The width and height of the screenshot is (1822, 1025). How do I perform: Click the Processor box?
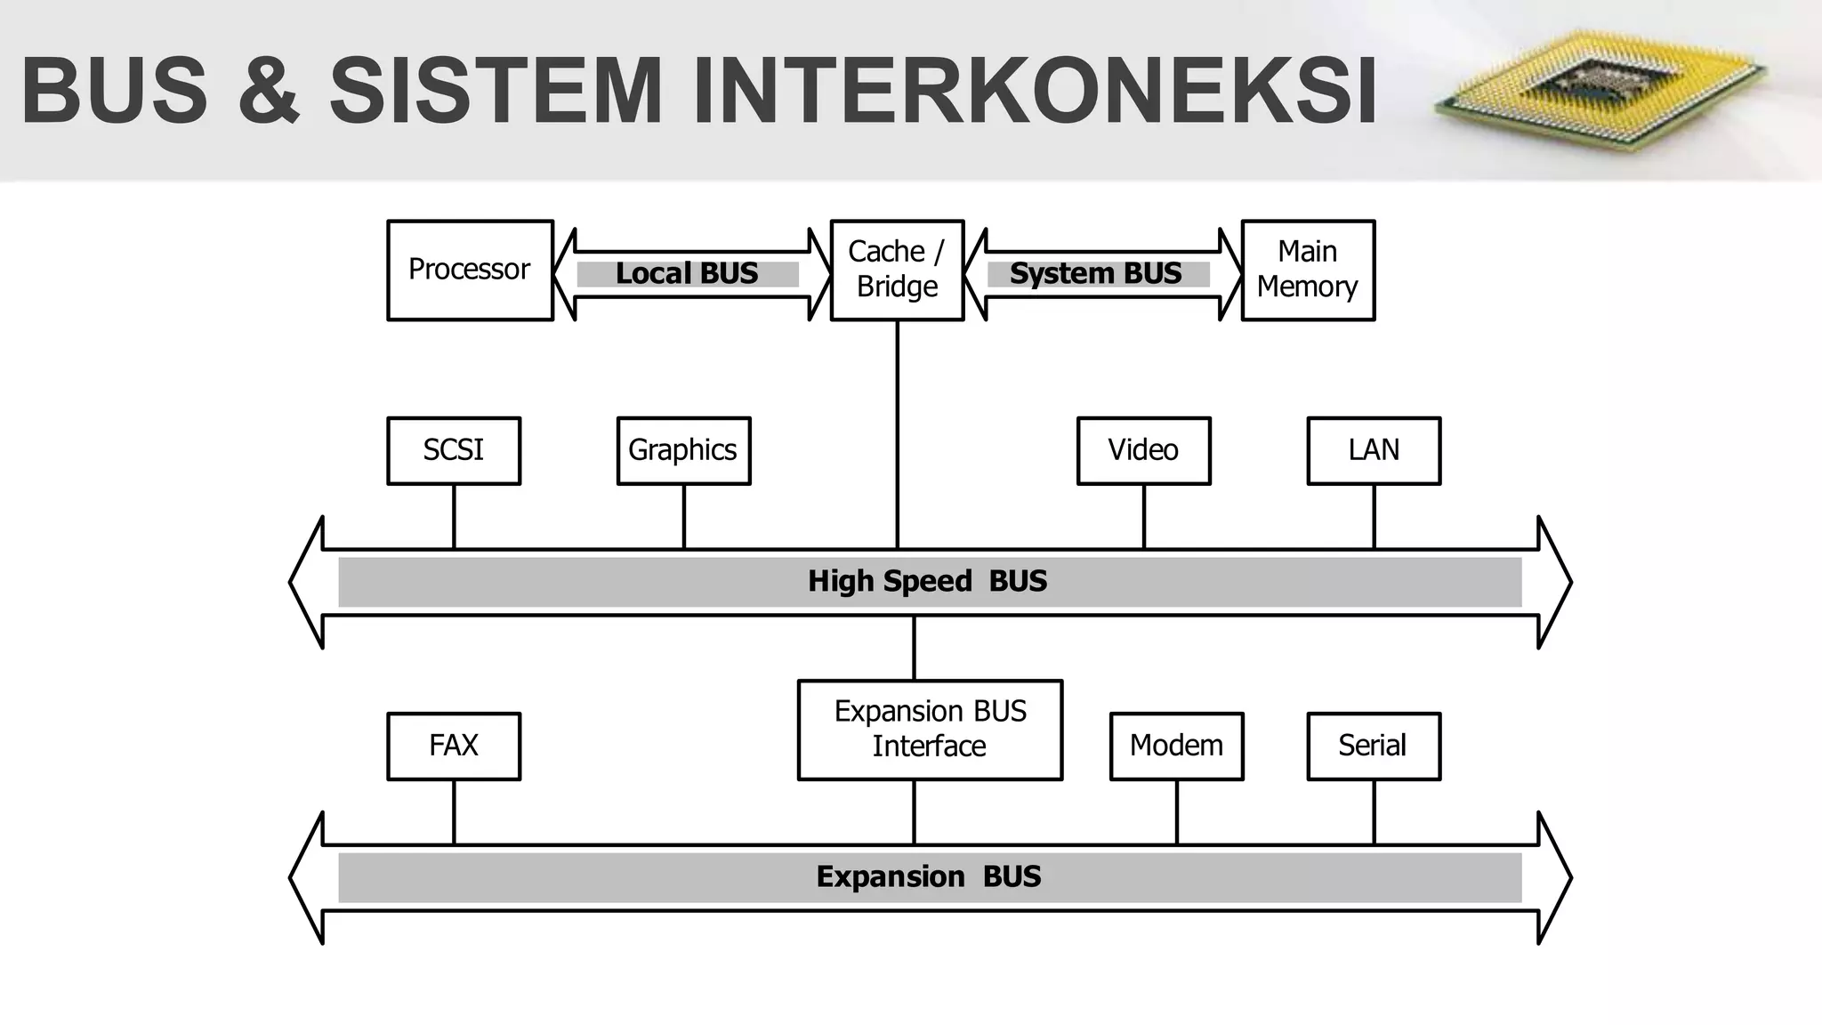[470, 270]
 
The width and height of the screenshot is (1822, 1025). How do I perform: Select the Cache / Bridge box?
[897, 270]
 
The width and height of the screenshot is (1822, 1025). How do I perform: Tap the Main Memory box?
[1308, 270]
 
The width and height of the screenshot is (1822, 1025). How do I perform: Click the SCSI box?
[454, 450]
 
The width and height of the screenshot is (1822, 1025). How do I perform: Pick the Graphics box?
[683, 450]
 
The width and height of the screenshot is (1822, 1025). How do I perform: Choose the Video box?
[1143, 450]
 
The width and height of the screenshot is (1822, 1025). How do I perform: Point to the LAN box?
[1374, 450]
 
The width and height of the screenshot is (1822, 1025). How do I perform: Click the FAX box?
[454, 746]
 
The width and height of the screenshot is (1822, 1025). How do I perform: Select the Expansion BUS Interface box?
[930, 730]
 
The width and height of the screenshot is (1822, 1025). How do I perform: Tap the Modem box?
[1176, 746]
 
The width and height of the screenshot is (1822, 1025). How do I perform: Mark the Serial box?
[1374, 746]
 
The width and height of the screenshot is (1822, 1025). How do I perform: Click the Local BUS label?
[687, 274]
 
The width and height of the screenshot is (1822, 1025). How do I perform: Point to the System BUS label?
[1096, 274]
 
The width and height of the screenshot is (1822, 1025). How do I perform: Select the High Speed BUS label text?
[927, 582]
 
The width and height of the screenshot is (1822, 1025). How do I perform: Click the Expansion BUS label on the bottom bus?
[929, 877]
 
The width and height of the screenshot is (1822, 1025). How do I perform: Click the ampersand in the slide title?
[268, 91]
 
